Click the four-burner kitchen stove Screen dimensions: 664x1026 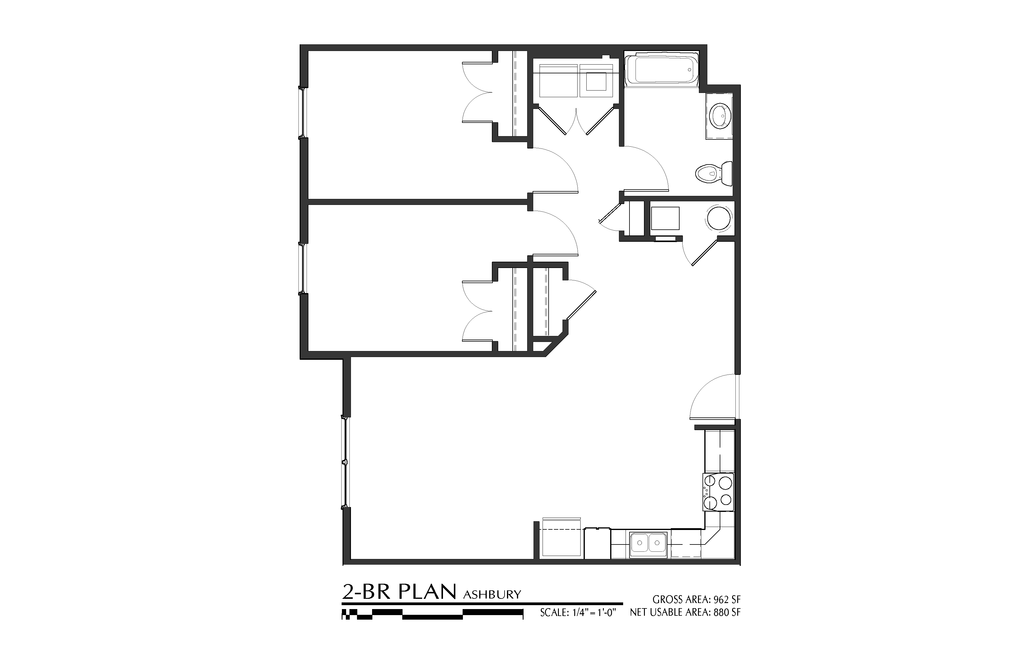coord(718,492)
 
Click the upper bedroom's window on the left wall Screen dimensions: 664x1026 coord(303,112)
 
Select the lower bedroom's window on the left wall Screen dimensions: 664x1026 coord(303,269)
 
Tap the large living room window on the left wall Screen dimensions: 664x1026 coord(345,462)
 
